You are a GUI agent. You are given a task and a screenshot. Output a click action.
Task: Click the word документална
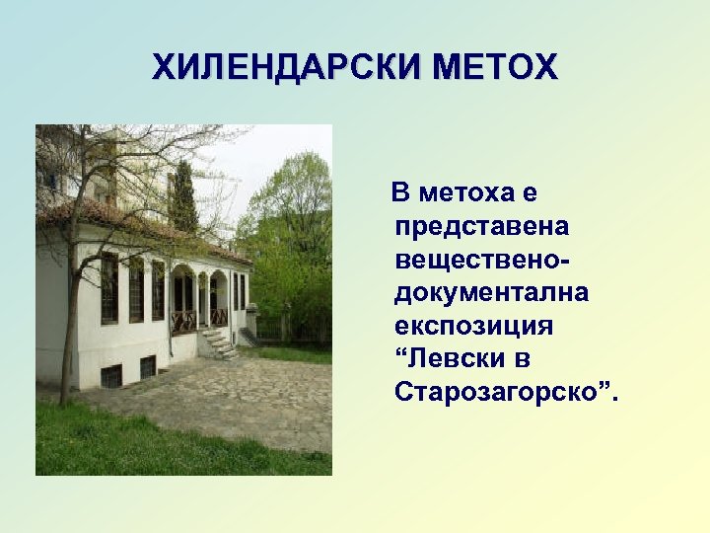(491, 293)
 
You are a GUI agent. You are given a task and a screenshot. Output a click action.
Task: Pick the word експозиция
(473, 327)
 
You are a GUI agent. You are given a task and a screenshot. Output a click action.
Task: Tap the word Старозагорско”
(508, 393)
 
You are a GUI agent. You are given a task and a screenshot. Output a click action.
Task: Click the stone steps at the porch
(219, 343)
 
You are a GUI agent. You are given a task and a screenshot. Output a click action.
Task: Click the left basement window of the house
(111, 376)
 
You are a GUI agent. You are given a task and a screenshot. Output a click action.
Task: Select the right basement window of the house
(148, 367)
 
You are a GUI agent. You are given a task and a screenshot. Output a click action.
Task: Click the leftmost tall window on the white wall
(108, 288)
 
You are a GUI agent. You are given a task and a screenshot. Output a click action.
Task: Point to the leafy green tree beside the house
(291, 237)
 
